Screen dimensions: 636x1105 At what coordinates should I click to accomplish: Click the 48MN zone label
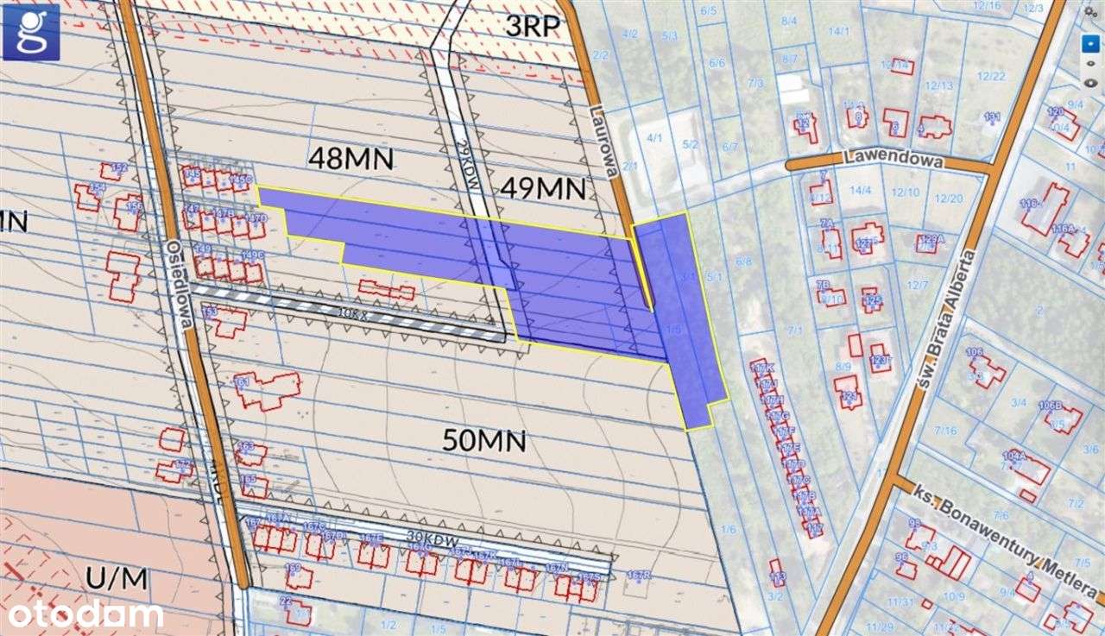[351, 158]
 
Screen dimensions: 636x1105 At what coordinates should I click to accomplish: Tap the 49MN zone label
[542, 187]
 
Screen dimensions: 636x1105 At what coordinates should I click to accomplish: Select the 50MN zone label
[484, 441]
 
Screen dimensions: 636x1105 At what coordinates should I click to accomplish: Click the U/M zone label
[117, 577]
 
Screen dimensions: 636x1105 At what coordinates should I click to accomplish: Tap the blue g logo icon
[31, 31]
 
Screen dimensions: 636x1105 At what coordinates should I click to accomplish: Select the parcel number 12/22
[992, 76]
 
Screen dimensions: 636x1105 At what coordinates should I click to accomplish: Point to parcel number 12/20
[949, 198]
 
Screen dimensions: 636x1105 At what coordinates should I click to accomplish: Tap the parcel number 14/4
[859, 189]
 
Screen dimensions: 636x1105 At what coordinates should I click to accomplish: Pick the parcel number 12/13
[938, 85]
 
